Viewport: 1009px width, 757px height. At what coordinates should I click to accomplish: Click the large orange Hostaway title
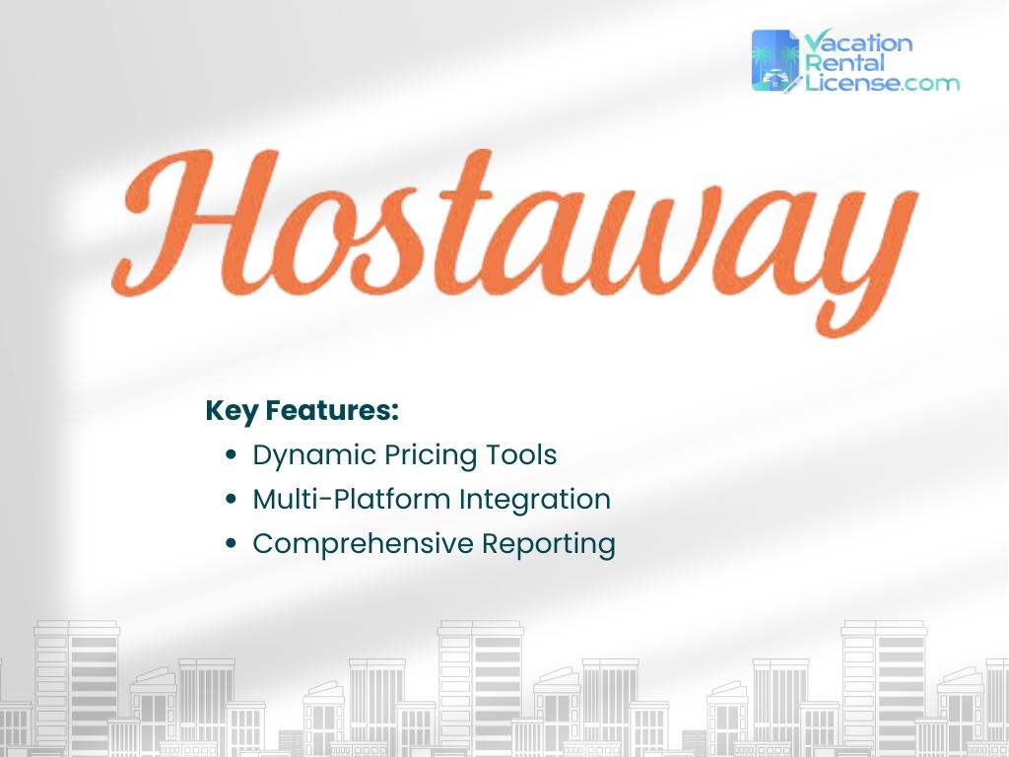512,232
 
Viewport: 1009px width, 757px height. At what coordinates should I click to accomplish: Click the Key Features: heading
302,410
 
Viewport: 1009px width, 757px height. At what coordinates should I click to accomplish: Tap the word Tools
521,455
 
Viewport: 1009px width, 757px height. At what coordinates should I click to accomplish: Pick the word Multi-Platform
352,500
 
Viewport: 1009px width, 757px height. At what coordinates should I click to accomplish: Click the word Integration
535,500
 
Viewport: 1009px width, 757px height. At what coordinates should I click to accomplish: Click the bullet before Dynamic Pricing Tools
231,456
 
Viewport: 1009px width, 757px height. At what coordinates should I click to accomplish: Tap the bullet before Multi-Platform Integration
231,501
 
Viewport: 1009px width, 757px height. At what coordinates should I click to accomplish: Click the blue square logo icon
775,61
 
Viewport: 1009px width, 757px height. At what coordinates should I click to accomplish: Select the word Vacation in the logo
858,43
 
